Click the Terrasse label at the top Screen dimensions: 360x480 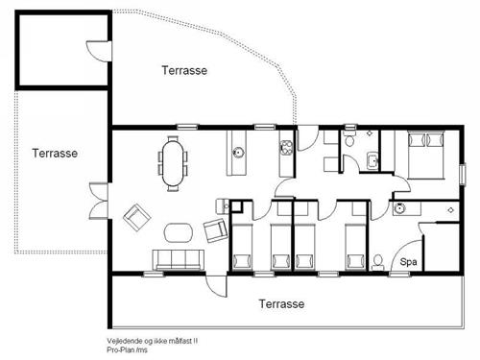pos(184,70)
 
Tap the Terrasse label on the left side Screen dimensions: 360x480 pos(54,153)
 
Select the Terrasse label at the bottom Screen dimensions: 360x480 pos(281,303)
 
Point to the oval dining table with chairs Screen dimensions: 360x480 pos(173,161)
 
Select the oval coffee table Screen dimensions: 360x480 pos(179,231)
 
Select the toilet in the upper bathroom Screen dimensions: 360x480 pos(351,143)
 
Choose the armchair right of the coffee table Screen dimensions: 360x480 pos(215,230)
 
